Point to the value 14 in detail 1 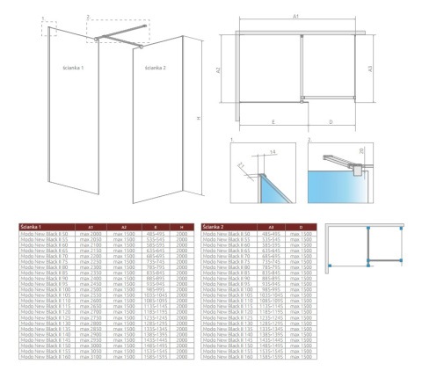click(x=276, y=152)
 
